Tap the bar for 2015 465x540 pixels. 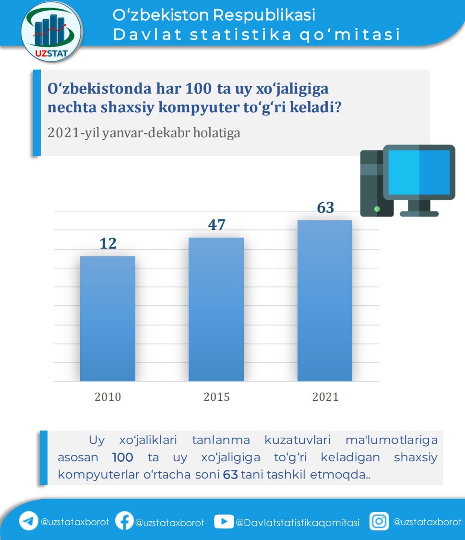[x=216, y=309]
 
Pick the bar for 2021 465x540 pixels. [x=325, y=300]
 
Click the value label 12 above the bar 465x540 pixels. [x=108, y=243]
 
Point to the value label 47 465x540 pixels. [x=216, y=225]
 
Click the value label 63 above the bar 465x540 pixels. [x=325, y=208]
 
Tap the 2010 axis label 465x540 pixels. [x=108, y=397]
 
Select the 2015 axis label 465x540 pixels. [x=216, y=397]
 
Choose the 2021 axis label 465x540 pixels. [x=325, y=397]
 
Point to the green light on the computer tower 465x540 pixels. [x=377, y=209]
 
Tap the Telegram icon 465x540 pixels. [x=29, y=521]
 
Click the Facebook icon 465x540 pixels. [x=124, y=521]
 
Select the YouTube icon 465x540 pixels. [x=223, y=521]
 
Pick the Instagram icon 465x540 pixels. [x=379, y=521]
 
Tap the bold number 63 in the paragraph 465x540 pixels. [x=230, y=475]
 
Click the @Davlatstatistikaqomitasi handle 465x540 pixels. [x=298, y=523]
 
